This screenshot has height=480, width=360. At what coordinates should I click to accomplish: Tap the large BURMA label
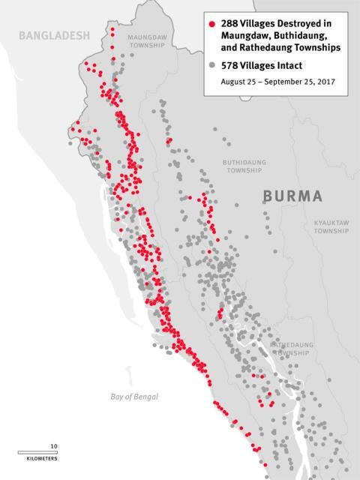click(292, 196)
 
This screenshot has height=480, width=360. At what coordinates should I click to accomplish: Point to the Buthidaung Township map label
click(244, 166)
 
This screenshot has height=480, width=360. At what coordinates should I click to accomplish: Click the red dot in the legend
click(213, 24)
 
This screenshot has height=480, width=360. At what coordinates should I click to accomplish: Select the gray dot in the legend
click(213, 65)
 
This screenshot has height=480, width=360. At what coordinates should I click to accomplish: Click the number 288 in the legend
click(231, 24)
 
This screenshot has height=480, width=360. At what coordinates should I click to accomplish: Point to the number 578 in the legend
click(231, 65)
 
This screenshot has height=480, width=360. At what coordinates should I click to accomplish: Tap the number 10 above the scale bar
click(53, 445)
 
